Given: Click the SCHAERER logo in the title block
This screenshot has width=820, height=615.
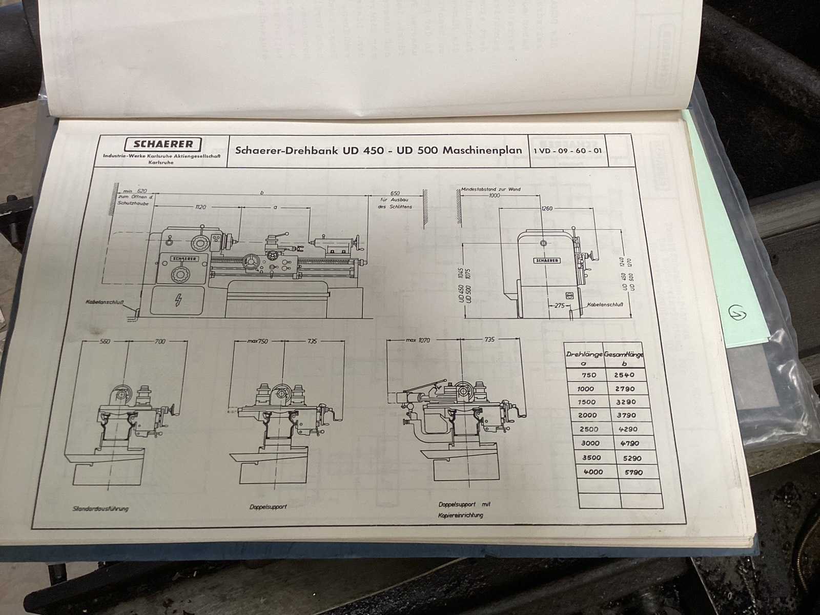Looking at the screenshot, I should (x=164, y=144).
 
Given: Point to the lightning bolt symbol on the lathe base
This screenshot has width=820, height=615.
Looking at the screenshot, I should (x=178, y=300).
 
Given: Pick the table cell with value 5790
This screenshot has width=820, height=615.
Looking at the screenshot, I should (x=630, y=472).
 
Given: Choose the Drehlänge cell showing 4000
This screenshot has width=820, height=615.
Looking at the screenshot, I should (x=592, y=471).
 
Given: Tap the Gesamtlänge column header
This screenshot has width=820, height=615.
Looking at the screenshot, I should (x=624, y=354).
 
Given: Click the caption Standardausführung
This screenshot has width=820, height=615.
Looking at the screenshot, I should (x=100, y=508).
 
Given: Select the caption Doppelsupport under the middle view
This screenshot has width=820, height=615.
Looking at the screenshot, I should (x=268, y=506).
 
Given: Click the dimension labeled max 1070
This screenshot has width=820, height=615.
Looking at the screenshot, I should (x=417, y=340).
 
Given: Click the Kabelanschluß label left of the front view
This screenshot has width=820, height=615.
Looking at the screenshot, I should (x=106, y=302).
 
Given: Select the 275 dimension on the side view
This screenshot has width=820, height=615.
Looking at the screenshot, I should (x=559, y=305).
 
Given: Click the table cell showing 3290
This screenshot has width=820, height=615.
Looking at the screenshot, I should (x=625, y=402).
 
